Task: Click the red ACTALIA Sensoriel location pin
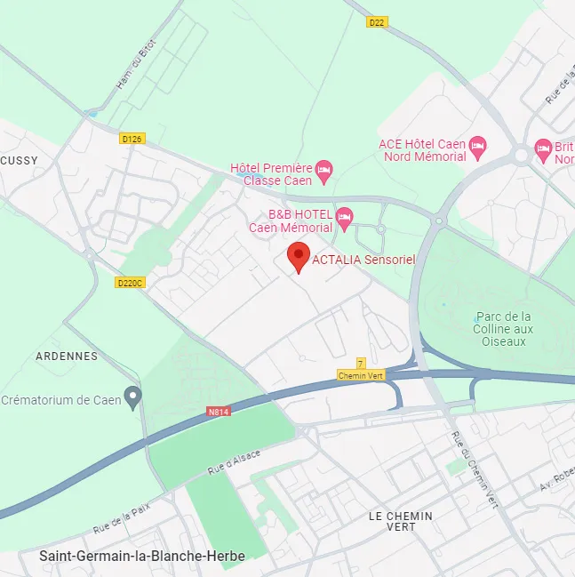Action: pyautogui.click(x=299, y=257)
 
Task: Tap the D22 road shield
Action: pyautogui.click(x=377, y=22)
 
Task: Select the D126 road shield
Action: pyautogui.click(x=132, y=139)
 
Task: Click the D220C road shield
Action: pyautogui.click(x=130, y=283)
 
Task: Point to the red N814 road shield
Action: pyautogui.click(x=218, y=412)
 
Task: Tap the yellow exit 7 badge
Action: pyautogui.click(x=360, y=364)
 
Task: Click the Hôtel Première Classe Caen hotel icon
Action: pyautogui.click(x=324, y=169)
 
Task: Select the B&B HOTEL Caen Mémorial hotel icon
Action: pyautogui.click(x=345, y=216)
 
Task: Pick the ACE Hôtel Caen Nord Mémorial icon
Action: pyautogui.click(x=478, y=145)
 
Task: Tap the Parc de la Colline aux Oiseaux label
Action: pyautogui.click(x=504, y=328)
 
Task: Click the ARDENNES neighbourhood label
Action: pyautogui.click(x=67, y=356)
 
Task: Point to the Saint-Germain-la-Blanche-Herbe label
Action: pyautogui.click(x=141, y=556)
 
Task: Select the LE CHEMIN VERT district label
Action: pyautogui.click(x=400, y=521)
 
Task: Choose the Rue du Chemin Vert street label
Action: pyautogui.click(x=474, y=469)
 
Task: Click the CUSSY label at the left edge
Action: pyautogui.click(x=18, y=159)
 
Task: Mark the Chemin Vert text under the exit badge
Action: pyautogui.click(x=360, y=376)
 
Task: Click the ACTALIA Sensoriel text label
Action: pyautogui.click(x=363, y=259)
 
